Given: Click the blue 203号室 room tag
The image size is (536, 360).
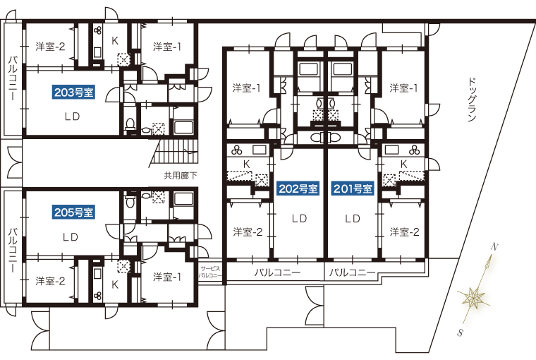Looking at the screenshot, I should pyautogui.click(x=75, y=92).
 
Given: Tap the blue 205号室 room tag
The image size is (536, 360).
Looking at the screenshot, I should pyautogui.click(x=75, y=212).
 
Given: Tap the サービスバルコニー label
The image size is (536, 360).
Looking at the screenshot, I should pyautogui.click(x=210, y=272).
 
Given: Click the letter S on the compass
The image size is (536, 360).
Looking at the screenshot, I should pyautogui.click(x=460, y=332).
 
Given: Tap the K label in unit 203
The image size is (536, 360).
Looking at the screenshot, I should pyautogui.click(x=115, y=40).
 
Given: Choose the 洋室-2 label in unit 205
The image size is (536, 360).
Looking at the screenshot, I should pyautogui.click(x=50, y=281).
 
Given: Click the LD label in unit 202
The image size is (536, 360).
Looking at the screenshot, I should pyautogui.click(x=299, y=219).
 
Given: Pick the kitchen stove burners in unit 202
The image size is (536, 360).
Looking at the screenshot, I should pyautogui.click(x=238, y=149).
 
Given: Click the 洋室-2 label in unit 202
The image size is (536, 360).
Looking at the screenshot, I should pyautogui.click(x=248, y=232).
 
